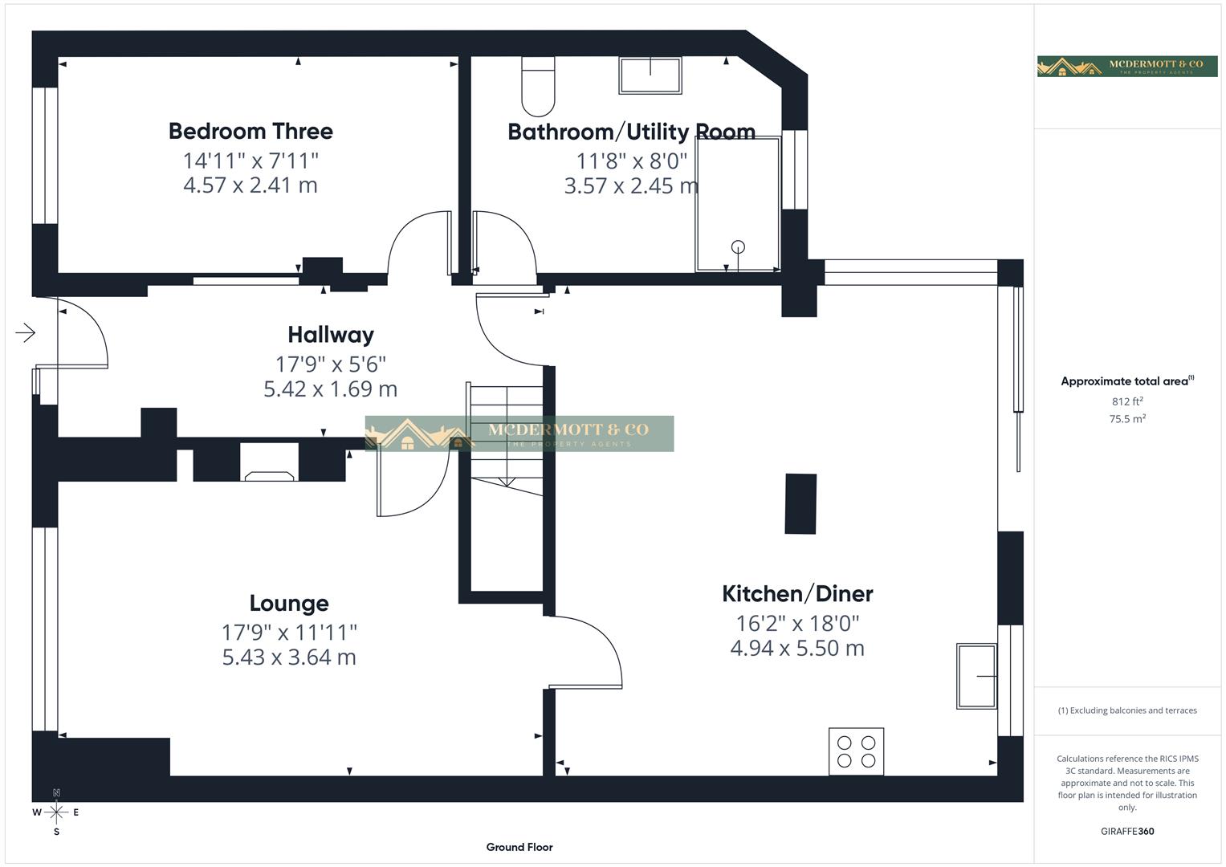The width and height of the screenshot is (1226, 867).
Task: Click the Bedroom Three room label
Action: click(x=250, y=131)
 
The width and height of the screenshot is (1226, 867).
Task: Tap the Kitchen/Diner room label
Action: click(x=797, y=594)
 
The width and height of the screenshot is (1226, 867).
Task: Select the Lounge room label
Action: click(x=289, y=604)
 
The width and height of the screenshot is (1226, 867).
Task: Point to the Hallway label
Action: click(x=331, y=335)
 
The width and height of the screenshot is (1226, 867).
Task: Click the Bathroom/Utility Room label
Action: click(x=631, y=132)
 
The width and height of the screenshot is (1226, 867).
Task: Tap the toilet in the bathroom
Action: click(x=538, y=87)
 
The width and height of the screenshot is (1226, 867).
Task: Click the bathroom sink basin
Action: click(x=650, y=75)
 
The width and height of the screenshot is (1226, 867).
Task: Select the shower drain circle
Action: click(x=738, y=247)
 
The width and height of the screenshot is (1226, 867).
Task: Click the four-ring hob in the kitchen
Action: click(x=856, y=751)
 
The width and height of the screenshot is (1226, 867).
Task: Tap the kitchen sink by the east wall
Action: click(x=976, y=676)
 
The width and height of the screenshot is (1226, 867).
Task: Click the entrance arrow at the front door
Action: click(x=26, y=332)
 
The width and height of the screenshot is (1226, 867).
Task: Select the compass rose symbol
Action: click(x=56, y=812)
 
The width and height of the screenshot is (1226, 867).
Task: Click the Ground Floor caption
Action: click(x=519, y=847)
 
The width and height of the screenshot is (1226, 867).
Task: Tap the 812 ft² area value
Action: click(x=1127, y=401)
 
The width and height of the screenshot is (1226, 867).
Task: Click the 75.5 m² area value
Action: click(x=1127, y=419)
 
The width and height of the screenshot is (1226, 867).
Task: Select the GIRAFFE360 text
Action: click(x=1127, y=831)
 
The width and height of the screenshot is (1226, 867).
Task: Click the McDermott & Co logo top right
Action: click(x=1127, y=67)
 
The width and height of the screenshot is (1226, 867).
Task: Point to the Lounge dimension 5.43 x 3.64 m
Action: click(x=289, y=657)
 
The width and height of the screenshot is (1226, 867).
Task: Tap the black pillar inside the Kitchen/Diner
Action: click(x=800, y=504)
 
